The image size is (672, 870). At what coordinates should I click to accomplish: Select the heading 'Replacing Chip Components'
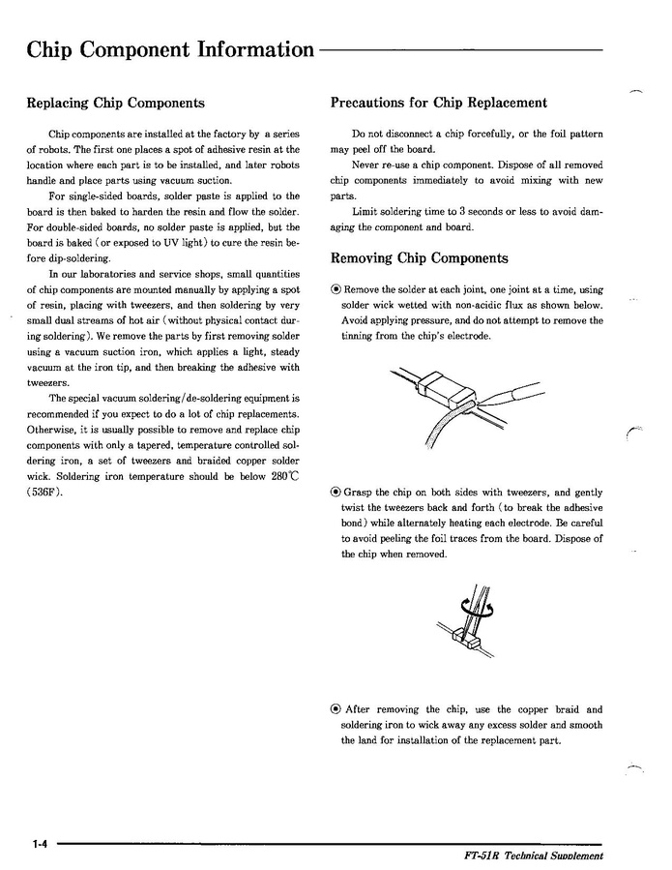[115, 104]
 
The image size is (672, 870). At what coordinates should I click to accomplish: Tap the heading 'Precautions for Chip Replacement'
[438, 103]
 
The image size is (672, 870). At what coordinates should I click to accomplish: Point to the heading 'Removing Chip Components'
[419, 258]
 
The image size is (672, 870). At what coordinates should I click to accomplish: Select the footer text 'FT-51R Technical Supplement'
[533, 856]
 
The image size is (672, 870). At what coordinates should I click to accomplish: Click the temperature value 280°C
[285, 476]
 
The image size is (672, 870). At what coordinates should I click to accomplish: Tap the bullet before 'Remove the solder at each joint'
[336, 289]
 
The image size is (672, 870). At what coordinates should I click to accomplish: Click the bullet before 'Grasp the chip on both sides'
[336, 493]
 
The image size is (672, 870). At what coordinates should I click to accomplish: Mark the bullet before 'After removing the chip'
[336, 709]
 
